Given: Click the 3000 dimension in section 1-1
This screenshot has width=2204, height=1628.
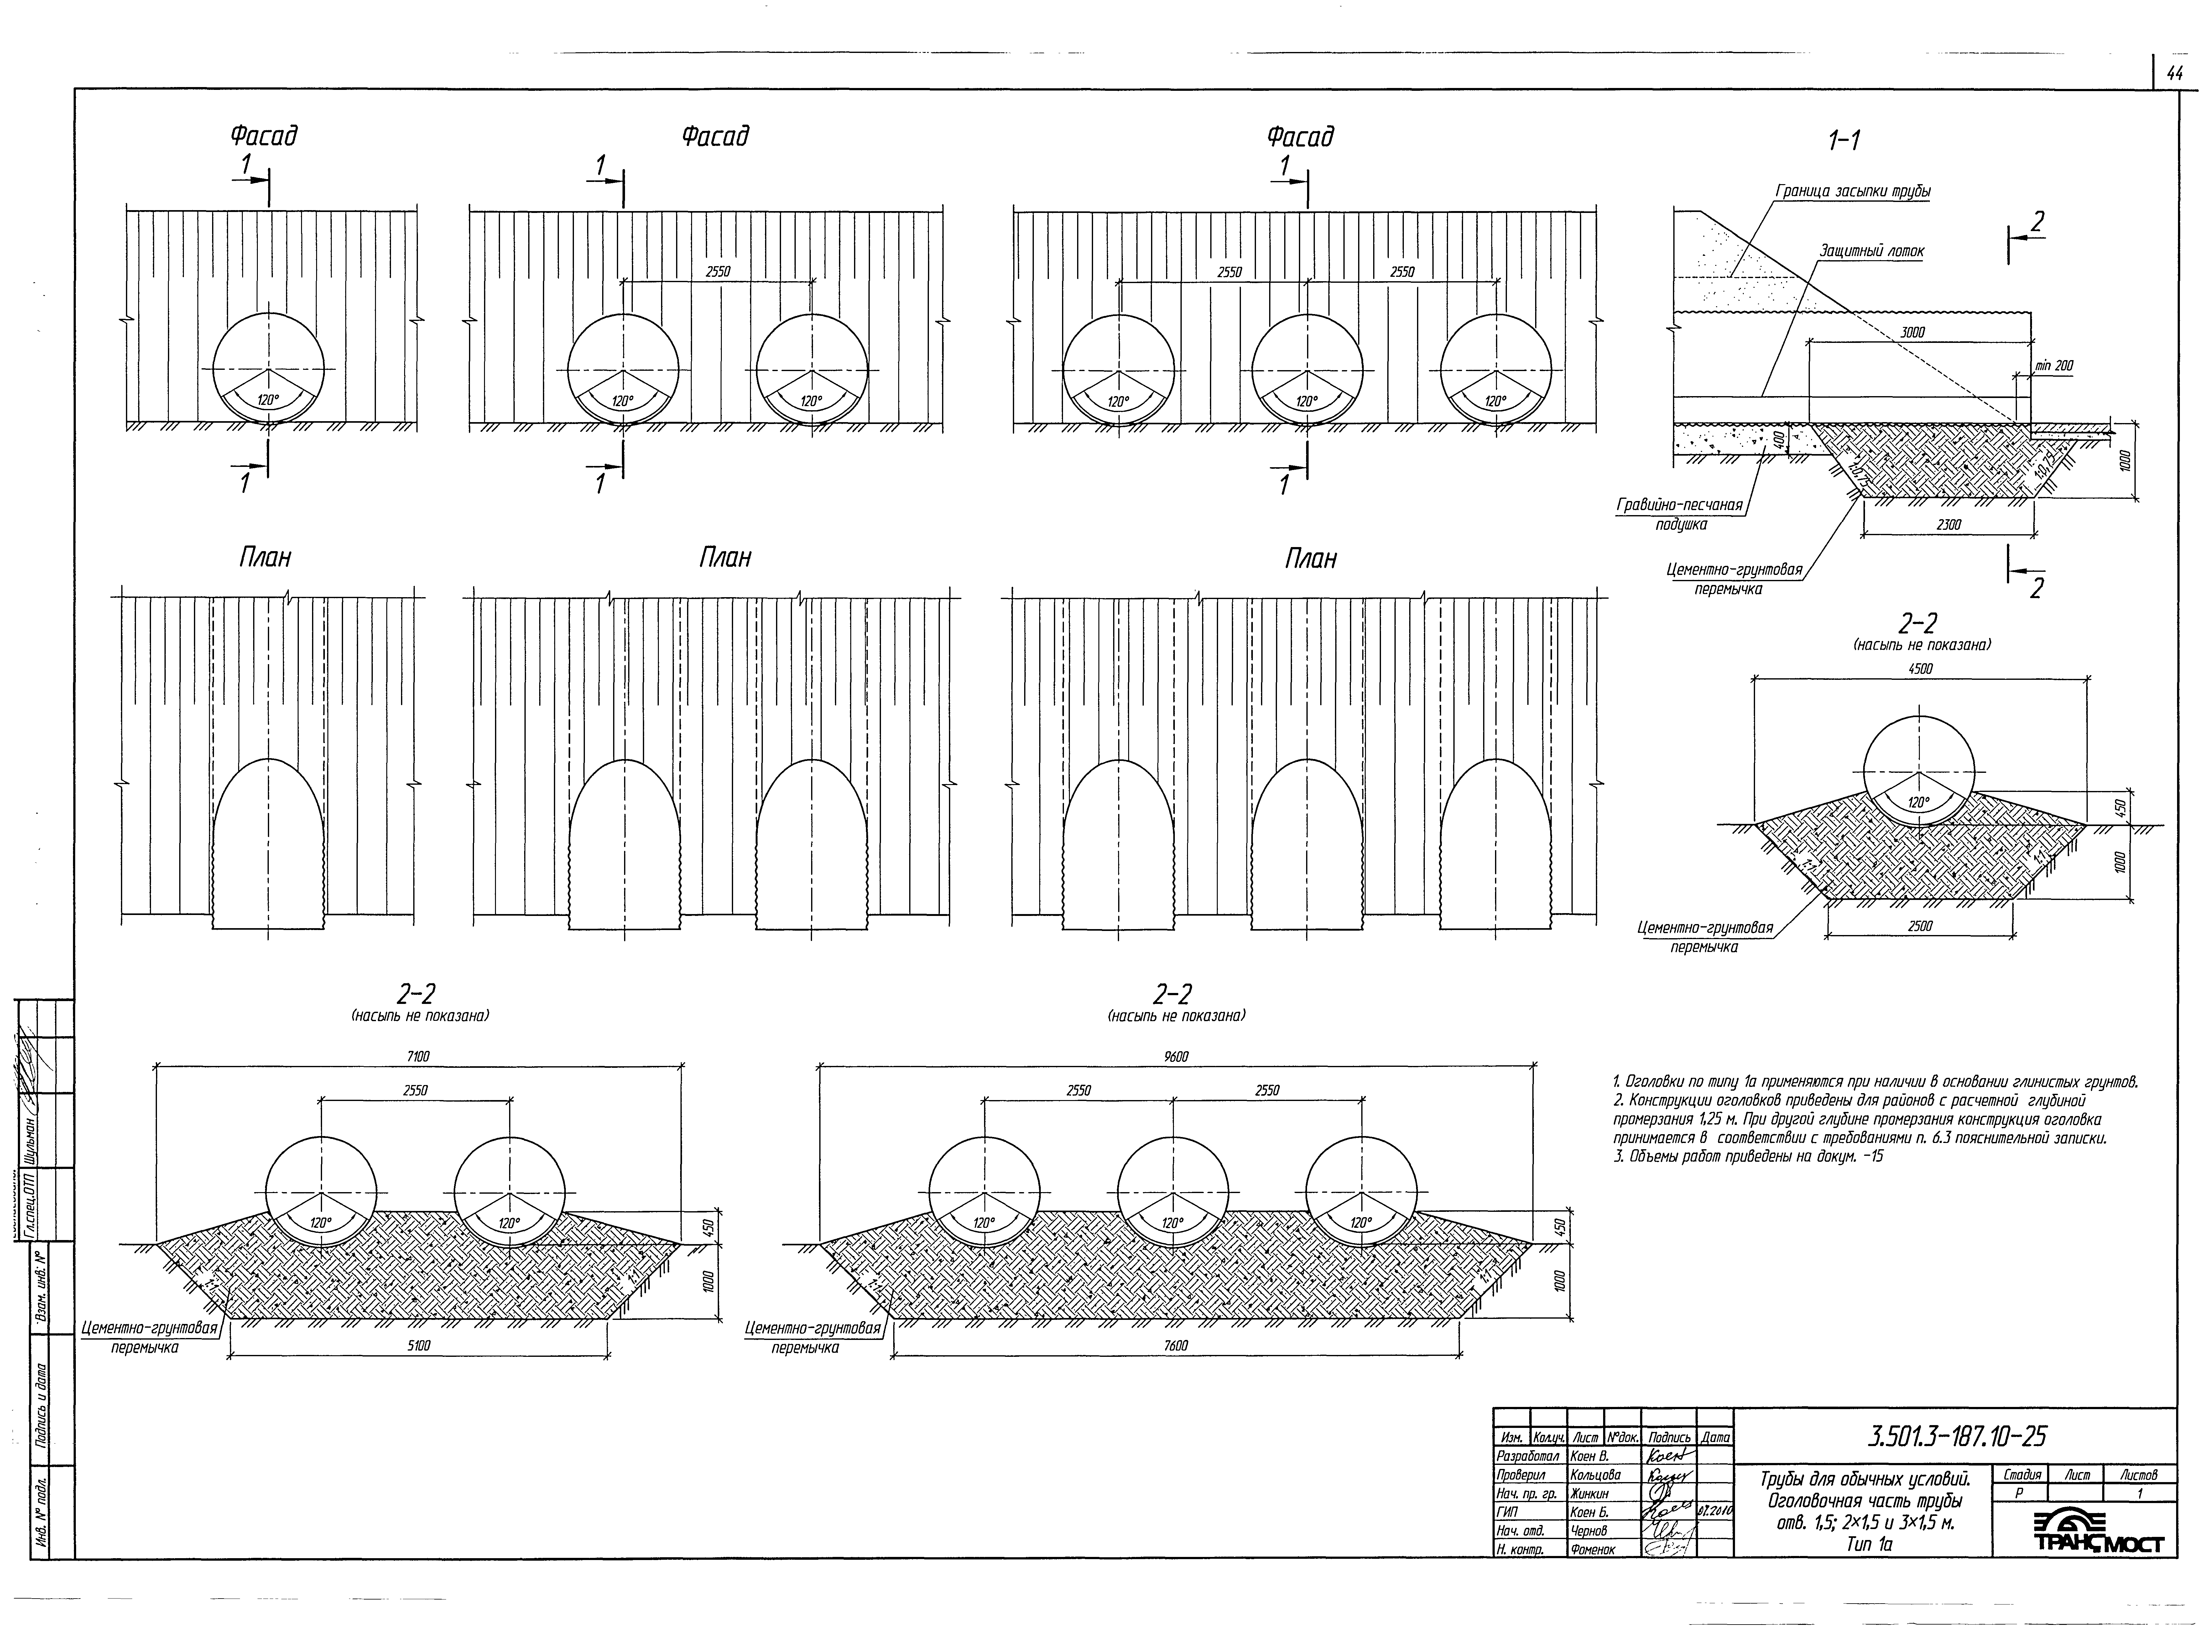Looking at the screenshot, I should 1912,333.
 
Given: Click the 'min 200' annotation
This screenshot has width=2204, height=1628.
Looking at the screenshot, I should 2054,366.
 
